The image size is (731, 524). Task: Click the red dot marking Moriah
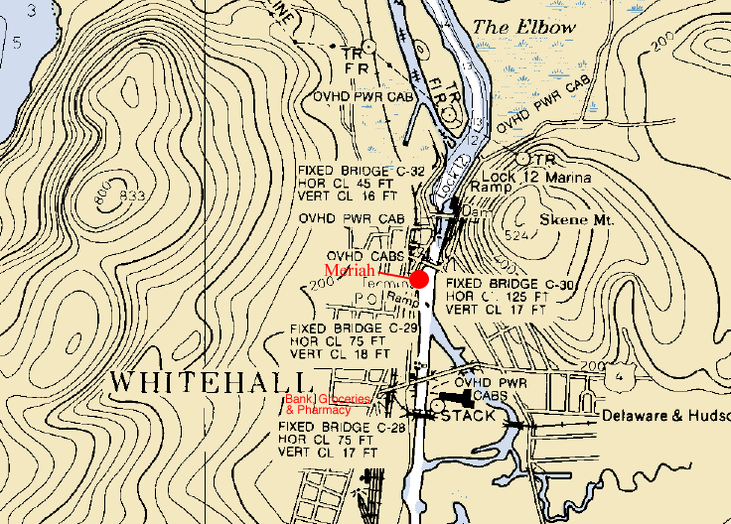pyautogui.click(x=419, y=279)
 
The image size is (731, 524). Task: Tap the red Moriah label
pyautogui.click(x=351, y=270)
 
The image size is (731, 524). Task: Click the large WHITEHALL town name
pyautogui.click(x=210, y=382)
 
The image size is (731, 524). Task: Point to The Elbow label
pyautogui.click(x=523, y=28)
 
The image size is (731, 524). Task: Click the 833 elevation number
pyautogui.click(x=132, y=196)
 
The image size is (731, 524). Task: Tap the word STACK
pyautogui.click(x=468, y=416)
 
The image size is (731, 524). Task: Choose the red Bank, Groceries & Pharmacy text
pyautogui.click(x=327, y=403)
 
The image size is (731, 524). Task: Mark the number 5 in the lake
pyautogui.click(x=17, y=43)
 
